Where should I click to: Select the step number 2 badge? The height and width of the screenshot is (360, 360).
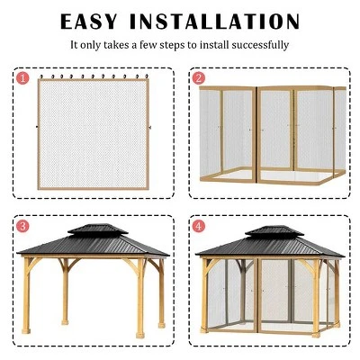(199, 77)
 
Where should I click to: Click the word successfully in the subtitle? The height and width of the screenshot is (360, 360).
(261, 44)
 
